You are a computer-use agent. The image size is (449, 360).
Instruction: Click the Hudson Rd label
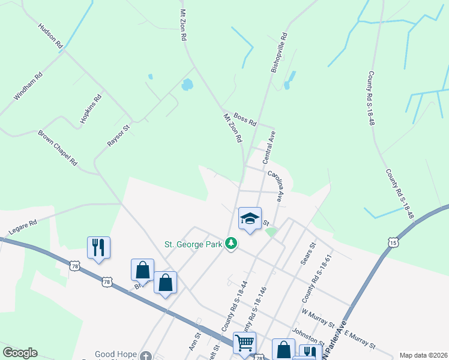click(x=50, y=37)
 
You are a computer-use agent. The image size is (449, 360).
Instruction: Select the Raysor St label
click(x=118, y=136)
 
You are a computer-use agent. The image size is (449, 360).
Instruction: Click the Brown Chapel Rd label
click(x=58, y=148)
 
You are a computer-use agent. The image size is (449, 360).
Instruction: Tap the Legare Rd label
click(x=23, y=226)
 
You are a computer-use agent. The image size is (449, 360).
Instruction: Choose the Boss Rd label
click(x=245, y=119)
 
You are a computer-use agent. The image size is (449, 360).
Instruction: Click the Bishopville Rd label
click(x=279, y=53)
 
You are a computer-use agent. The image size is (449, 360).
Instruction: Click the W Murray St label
click(x=318, y=319)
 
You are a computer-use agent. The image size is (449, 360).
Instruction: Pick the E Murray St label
click(x=360, y=340)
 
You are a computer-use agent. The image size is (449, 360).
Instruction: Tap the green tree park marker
click(x=231, y=243)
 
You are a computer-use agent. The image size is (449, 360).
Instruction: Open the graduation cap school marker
click(x=250, y=219)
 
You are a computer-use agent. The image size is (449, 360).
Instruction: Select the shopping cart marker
click(x=244, y=343)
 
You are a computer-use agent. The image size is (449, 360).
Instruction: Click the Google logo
click(x=20, y=353)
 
